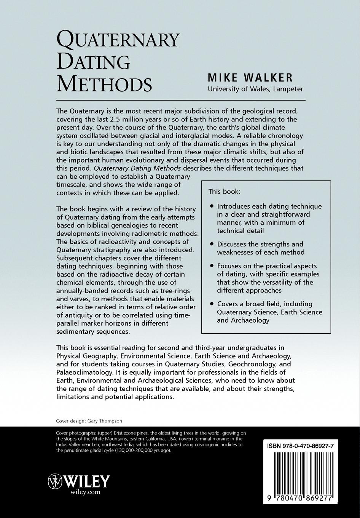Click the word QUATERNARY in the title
click(118, 40)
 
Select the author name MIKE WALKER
click(250, 78)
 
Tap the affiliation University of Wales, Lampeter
click(255, 89)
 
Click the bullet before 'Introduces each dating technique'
click(212, 206)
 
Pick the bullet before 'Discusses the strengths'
click(212, 245)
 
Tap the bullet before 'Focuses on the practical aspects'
click(212, 266)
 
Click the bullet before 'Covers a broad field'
click(212, 304)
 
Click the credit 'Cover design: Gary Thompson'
click(89, 421)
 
